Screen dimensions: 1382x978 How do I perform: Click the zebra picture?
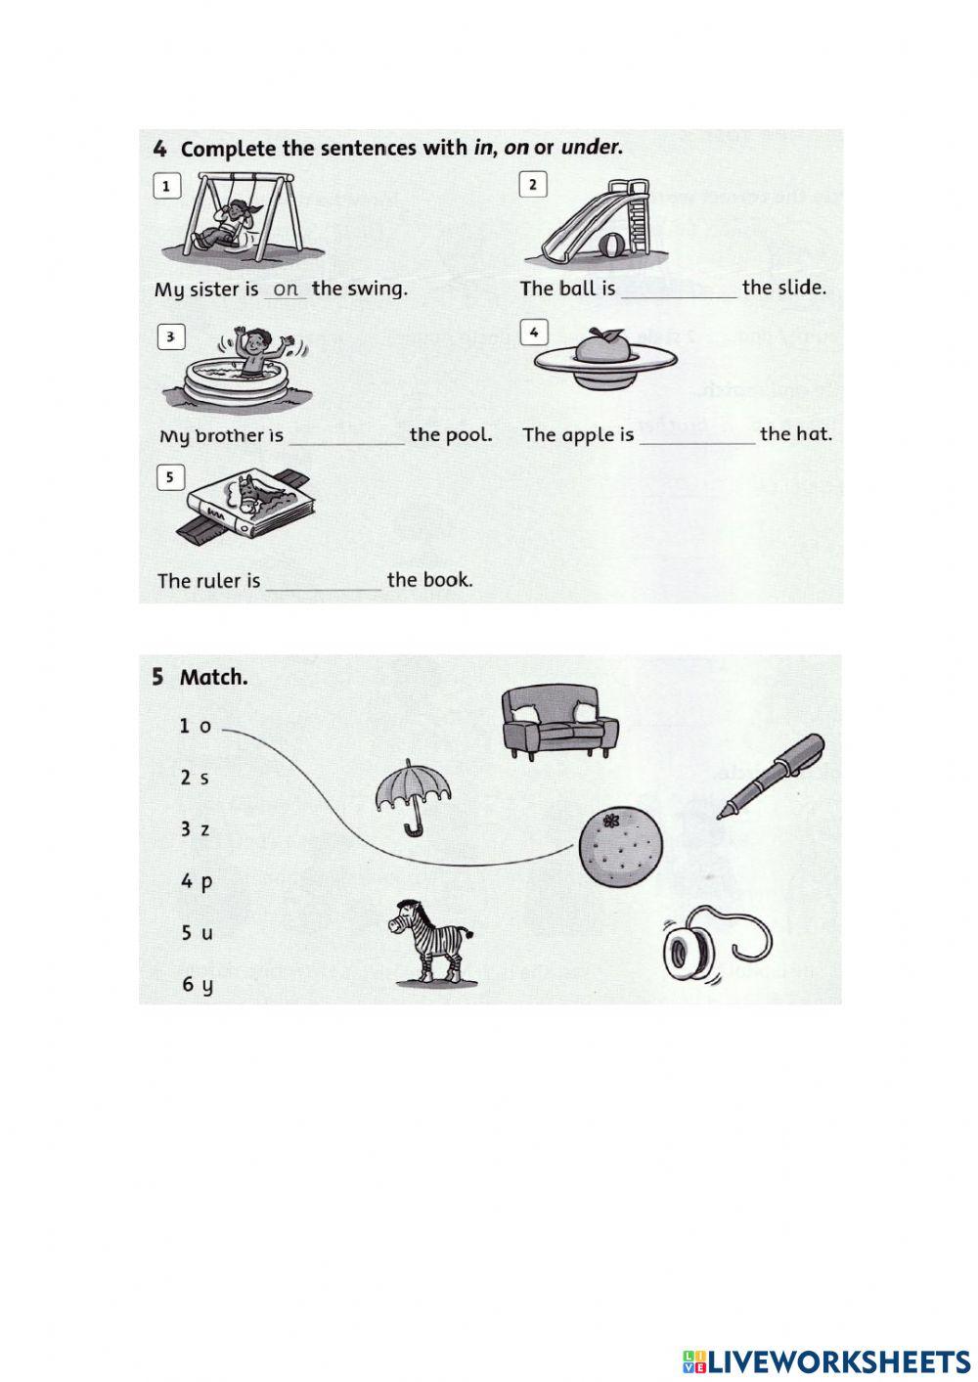tap(432, 941)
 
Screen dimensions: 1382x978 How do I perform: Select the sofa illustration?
tap(559, 723)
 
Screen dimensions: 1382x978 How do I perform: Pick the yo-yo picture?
tap(702, 944)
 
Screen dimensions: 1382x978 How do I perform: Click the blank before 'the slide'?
tap(678, 290)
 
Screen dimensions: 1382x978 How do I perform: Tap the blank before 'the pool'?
tap(346, 436)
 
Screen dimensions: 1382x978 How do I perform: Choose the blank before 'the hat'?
tap(696, 435)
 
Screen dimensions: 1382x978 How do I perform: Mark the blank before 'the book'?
tap(323, 582)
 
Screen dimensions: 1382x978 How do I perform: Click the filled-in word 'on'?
tap(286, 290)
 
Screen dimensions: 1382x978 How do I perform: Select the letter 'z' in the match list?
tap(204, 829)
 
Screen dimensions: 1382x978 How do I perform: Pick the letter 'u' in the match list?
tap(206, 933)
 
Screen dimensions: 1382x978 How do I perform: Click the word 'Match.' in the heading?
tap(213, 677)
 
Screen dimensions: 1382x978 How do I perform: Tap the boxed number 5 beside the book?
tap(170, 477)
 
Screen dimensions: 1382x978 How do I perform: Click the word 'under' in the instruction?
tap(590, 148)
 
